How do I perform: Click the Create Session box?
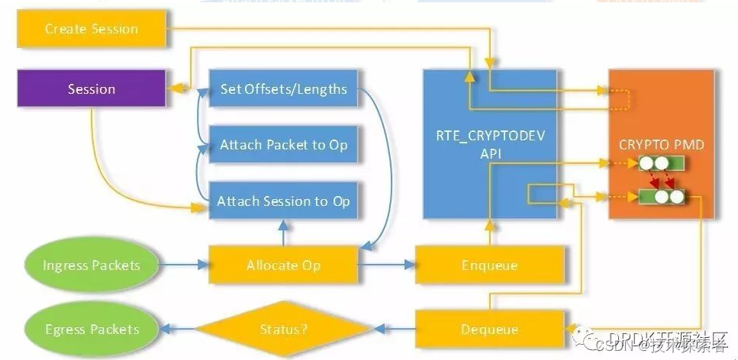point(92,29)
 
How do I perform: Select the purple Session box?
point(92,89)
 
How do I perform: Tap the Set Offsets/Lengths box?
point(283,89)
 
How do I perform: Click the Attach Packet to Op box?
point(283,145)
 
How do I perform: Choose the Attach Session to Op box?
point(283,201)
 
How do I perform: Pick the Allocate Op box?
point(283,265)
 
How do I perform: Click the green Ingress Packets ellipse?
point(92,265)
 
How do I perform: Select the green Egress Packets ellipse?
point(92,329)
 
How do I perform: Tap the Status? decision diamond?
point(282,329)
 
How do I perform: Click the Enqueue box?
point(489,265)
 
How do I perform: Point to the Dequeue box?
point(489,329)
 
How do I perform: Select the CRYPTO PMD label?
point(661,144)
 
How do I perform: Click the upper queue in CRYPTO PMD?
point(661,163)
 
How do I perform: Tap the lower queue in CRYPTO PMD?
point(661,197)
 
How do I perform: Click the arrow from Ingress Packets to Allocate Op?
point(184,265)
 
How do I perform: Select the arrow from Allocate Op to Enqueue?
point(385,265)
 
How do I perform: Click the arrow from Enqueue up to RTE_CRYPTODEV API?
point(489,233)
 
